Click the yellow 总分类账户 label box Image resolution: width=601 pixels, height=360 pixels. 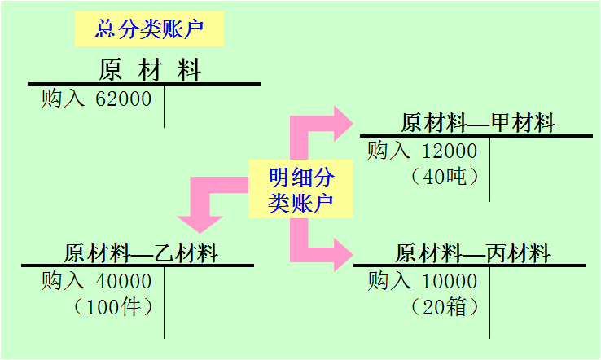pos(148,29)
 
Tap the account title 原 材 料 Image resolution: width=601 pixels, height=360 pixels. pos(150,69)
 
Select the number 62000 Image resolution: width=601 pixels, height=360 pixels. pos(124,99)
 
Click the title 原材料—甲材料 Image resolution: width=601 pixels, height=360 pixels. pos(477,123)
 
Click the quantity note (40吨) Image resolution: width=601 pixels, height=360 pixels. pos(445,176)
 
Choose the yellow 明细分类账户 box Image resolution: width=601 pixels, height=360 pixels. pos(300,190)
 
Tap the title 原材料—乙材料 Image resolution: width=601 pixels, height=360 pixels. pos(141,252)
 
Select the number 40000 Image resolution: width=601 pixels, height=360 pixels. pos(124,282)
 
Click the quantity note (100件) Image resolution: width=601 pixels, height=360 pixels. pos(113,307)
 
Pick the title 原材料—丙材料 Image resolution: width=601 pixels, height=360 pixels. pos(472,252)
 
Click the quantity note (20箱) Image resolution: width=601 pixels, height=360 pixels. pos(445,307)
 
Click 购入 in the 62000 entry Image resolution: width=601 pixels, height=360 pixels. pos(63,99)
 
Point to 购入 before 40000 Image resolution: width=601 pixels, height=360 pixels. pos(63,282)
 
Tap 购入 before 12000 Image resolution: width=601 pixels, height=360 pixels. pos(389,151)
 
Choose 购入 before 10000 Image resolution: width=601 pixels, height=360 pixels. pos(389,282)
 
